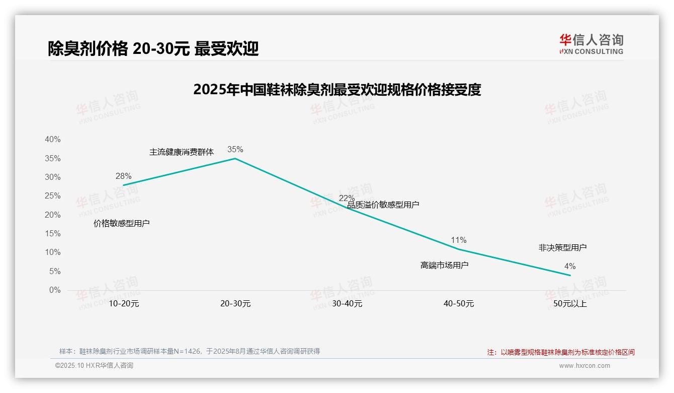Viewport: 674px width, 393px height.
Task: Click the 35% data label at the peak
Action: tap(235, 149)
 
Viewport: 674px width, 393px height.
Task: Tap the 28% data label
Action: tap(123, 176)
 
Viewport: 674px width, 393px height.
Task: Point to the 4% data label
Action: tap(570, 266)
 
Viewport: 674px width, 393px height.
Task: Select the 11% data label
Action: tap(458, 240)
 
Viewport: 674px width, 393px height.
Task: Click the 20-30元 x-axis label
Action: tap(235, 304)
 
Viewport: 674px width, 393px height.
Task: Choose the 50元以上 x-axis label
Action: tap(570, 304)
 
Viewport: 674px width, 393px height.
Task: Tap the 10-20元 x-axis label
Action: tap(123, 304)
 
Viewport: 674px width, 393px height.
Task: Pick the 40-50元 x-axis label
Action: tap(458, 304)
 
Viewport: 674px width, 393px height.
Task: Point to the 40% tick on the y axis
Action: tap(52, 140)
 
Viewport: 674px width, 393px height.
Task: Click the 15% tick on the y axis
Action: tap(52, 234)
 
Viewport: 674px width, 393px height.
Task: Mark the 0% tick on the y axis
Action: tap(54, 290)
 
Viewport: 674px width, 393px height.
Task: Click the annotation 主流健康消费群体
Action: tap(182, 152)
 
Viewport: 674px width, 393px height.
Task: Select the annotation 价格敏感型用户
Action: tap(121, 223)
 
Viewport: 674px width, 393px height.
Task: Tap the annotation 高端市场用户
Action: tap(444, 265)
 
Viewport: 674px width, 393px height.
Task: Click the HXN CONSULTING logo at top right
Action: tap(591, 44)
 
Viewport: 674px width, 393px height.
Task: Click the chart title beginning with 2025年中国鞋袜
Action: tap(337, 90)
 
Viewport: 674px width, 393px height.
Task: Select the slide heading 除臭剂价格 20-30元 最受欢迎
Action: tap(153, 48)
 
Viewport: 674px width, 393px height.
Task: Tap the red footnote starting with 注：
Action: tap(561, 352)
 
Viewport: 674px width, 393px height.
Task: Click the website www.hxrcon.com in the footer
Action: tap(584, 366)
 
